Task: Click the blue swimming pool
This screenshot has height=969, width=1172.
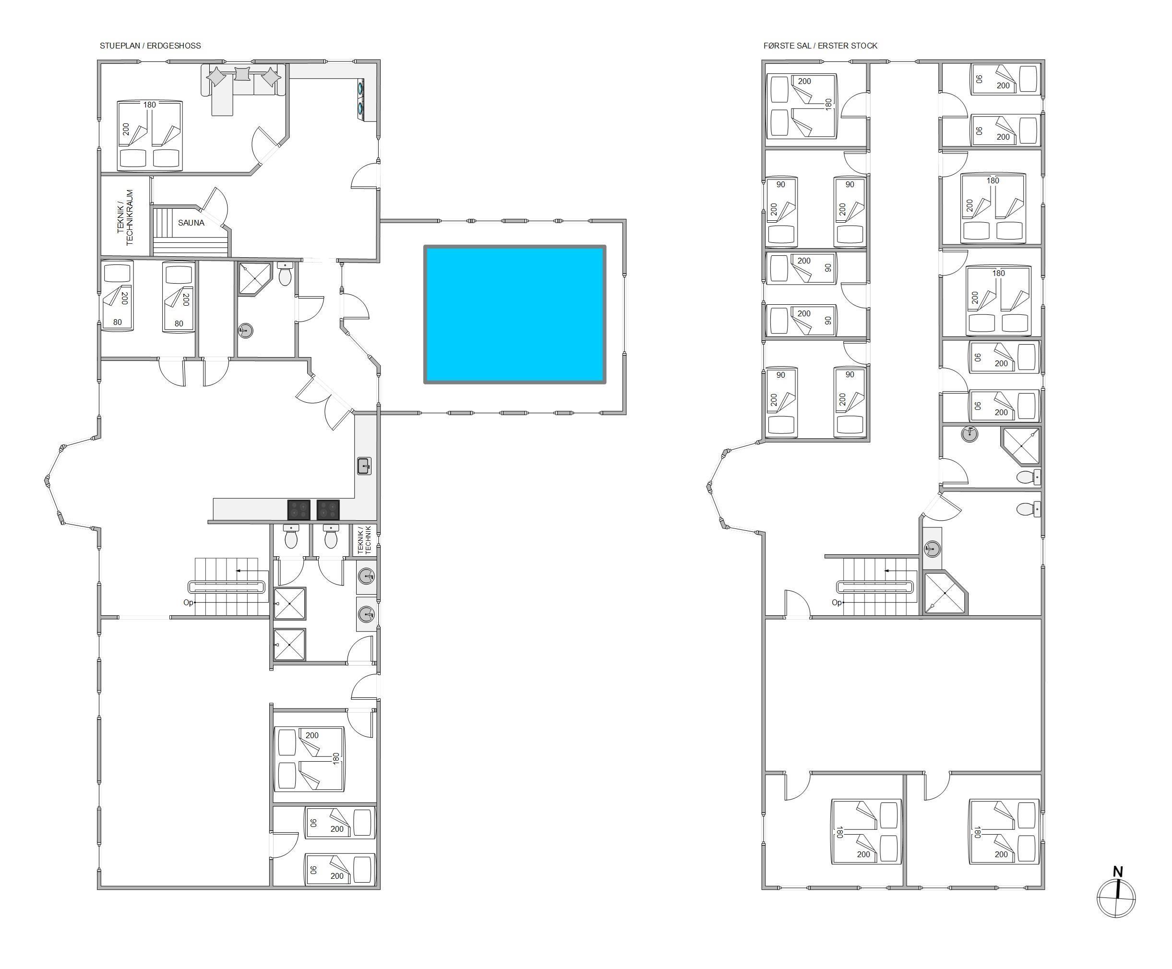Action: coord(514,314)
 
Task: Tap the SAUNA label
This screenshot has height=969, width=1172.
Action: coord(191,223)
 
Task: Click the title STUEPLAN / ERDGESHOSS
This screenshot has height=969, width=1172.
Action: coord(150,46)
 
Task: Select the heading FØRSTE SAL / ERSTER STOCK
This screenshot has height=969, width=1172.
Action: coord(820,46)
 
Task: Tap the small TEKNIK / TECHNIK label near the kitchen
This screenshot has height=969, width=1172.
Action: coord(364,540)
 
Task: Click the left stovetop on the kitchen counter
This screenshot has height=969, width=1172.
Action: coord(299,510)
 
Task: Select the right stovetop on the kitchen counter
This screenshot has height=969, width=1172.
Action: coord(328,510)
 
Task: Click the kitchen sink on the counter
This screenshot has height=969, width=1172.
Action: coord(364,466)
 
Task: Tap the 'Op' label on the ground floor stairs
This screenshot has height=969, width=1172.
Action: coord(188,602)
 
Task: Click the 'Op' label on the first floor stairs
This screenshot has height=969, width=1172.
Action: coord(836,602)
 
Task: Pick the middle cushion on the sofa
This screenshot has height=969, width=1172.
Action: coord(243,74)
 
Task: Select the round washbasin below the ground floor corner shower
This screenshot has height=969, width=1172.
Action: coord(246,331)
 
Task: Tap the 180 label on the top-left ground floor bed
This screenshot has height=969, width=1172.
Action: coord(150,104)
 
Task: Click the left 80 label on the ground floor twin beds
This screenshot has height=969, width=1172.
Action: coord(117,322)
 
